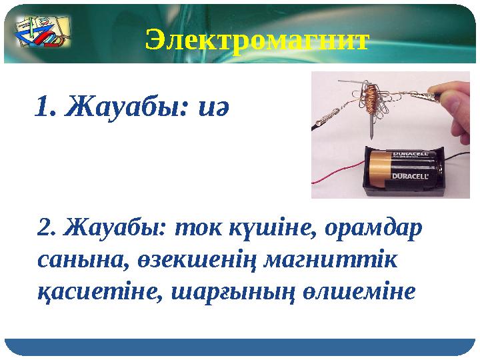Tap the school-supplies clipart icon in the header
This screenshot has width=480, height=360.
41,33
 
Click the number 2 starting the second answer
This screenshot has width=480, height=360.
46,228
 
